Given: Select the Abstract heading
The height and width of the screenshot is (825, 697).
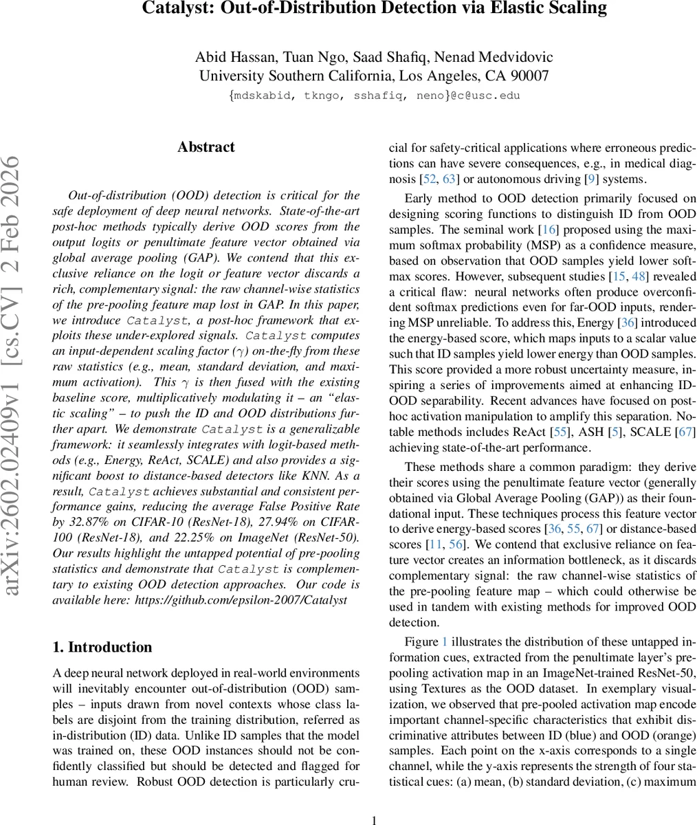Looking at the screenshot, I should point(206,147).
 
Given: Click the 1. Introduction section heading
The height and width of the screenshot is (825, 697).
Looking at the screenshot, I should point(102,647).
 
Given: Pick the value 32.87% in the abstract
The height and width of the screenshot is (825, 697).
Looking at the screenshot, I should point(85,522).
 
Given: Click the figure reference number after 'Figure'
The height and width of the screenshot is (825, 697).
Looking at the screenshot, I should point(444,641).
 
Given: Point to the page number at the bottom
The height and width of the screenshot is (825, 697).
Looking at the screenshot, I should point(375,819).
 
